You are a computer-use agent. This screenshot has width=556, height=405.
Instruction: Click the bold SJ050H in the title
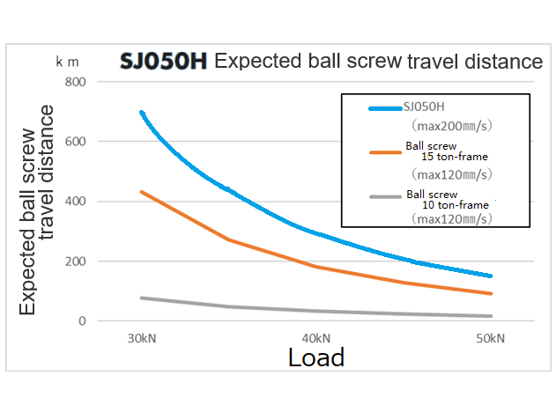pyautogui.click(x=164, y=63)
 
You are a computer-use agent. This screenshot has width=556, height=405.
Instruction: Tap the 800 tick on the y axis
pyautogui.click(x=78, y=82)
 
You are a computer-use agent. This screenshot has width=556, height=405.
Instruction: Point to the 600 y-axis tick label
pyautogui.click(x=78, y=142)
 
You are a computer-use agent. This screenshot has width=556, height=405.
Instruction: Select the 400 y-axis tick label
pyautogui.click(x=78, y=202)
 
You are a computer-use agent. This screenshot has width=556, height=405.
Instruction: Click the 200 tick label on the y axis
pyautogui.click(x=78, y=261)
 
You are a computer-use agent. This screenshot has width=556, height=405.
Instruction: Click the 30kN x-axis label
pyautogui.click(x=141, y=338)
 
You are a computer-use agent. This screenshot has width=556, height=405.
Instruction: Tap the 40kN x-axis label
pyautogui.click(x=315, y=338)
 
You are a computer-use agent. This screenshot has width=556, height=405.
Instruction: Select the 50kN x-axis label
pyautogui.click(x=490, y=338)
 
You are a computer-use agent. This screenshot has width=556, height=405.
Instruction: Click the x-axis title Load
pyautogui.click(x=315, y=357)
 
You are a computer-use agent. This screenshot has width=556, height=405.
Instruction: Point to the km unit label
pyautogui.click(x=67, y=62)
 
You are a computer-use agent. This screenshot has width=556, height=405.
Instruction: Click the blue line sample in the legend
pyautogui.click(x=385, y=108)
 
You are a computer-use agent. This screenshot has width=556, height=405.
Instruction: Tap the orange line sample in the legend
pyautogui.click(x=385, y=151)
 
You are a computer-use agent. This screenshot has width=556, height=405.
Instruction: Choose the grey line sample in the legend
pyautogui.click(x=385, y=199)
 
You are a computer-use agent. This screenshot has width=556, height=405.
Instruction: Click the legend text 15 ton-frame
pyautogui.click(x=455, y=157)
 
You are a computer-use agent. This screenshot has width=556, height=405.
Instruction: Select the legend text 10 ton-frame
pyautogui.click(x=455, y=204)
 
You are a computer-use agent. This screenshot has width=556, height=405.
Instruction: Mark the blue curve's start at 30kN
pyautogui.click(x=141, y=113)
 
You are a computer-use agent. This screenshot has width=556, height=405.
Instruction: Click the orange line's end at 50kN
pyautogui.click(x=490, y=293)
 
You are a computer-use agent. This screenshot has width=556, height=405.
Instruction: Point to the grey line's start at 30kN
pyautogui.click(x=141, y=298)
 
